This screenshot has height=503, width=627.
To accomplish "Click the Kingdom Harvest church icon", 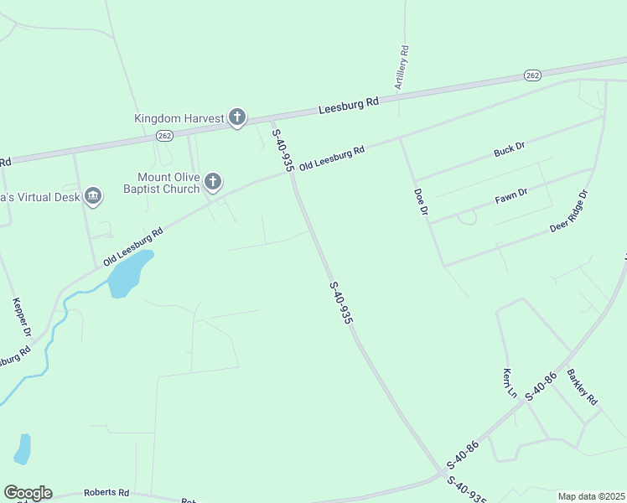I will (x=237, y=118).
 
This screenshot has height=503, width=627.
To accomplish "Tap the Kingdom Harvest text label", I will (x=179, y=119).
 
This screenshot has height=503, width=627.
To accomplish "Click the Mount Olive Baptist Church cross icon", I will (x=214, y=181).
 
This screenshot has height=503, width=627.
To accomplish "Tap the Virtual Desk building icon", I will (x=93, y=197).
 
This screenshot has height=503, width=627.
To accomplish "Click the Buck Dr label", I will (x=509, y=149).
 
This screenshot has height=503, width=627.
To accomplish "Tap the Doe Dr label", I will (x=421, y=202).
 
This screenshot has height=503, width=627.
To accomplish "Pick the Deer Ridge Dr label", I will (x=569, y=210).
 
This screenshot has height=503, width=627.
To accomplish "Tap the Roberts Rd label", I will (x=106, y=493).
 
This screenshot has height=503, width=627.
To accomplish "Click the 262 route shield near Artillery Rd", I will (x=533, y=75).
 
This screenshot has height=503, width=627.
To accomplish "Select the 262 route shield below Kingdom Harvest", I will (x=165, y=136).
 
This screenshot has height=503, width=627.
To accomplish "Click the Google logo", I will (x=28, y=493).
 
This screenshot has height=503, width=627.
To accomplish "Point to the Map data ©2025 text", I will (x=592, y=496).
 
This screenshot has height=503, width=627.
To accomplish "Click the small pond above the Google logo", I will (x=23, y=449).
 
